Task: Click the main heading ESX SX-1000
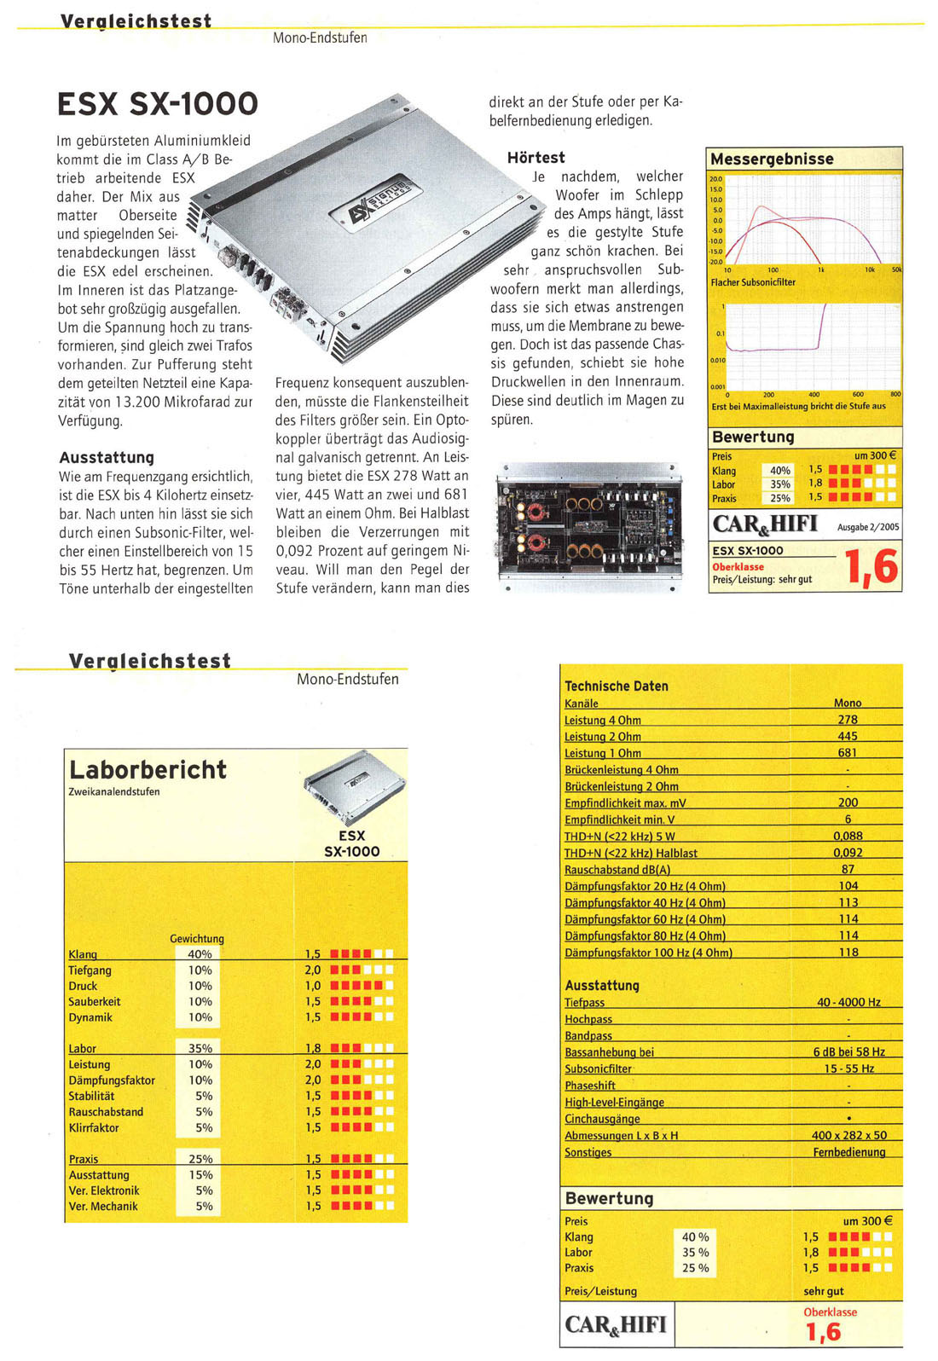point(157,104)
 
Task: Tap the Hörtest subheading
point(536,158)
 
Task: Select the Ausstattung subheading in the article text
point(107,458)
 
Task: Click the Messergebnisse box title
point(772,159)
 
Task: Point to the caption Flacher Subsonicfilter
point(753,282)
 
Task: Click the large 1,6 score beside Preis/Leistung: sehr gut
point(871,567)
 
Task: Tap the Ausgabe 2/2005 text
point(867,527)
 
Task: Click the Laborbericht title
point(148,770)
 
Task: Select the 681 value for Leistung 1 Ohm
point(848,753)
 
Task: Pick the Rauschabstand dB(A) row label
point(617,870)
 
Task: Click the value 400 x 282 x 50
point(848,1136)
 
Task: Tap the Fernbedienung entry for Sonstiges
point(848,1152)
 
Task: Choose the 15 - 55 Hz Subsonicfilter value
point(848,1069)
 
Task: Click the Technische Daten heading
point(616,686)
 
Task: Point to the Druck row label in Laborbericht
point(83,986)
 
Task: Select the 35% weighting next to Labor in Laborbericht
point(200,1048)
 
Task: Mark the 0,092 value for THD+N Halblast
point(848,853)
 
